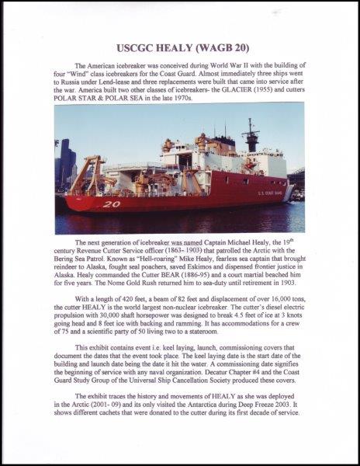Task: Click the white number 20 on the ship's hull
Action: tap(111, 203)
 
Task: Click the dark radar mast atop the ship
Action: tap(250, 133)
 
